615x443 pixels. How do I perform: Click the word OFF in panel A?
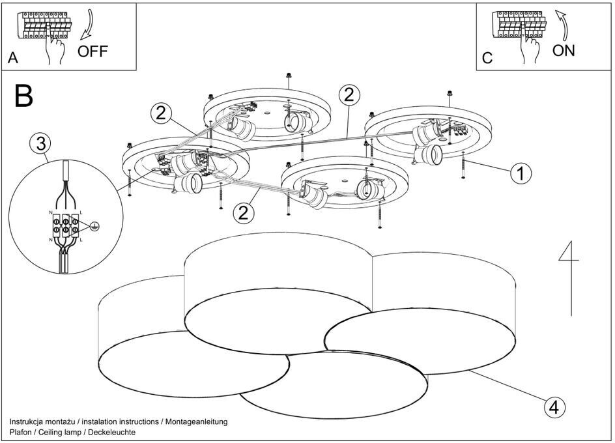[x=93, y=51]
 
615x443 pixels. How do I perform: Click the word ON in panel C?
[x=564, y=50]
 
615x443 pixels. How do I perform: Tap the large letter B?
[x=23, y=96]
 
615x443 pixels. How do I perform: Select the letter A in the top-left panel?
[x=12, y=59]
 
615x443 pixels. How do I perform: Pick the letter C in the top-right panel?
[x=487, y=59]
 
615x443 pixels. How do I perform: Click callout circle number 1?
[x=521, y=173]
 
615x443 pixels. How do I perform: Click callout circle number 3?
[x=40, y=143]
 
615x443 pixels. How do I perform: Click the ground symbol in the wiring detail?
[x=94, y=226]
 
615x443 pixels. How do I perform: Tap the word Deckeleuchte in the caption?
[x=113, y=433]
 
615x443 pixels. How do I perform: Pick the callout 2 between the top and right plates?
[x=349, y=95]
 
